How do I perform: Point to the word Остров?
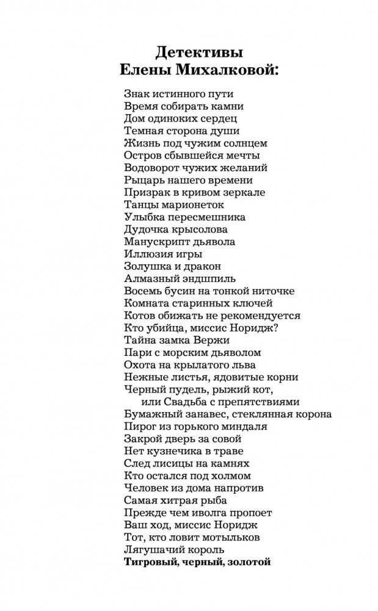click(x=145, y=156)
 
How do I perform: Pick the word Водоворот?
click(x=154, y=168)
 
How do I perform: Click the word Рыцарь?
click(x=144, y=180)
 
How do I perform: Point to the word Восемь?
click(x=144, y=291)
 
